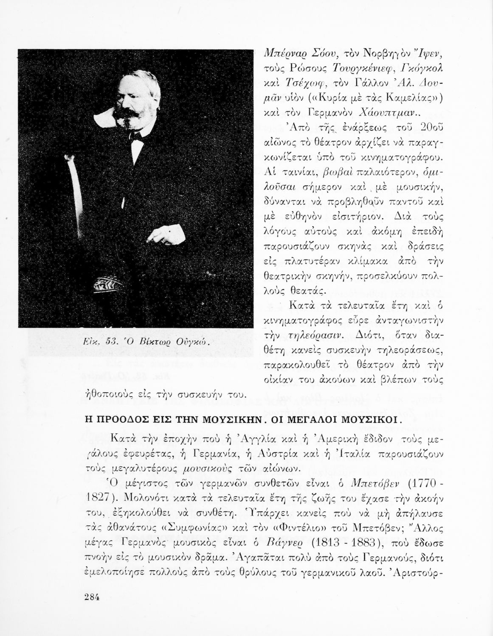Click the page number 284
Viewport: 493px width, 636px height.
coord(92,597)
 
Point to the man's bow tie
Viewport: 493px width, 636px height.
coord(136,136)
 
